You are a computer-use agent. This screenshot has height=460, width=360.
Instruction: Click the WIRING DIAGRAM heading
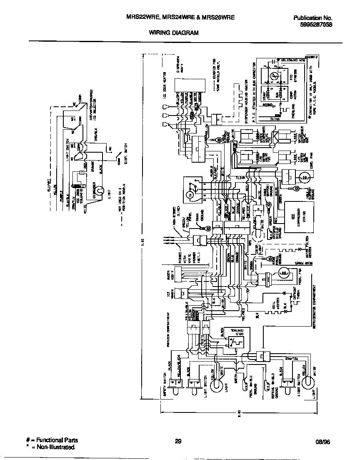tap(174, 32)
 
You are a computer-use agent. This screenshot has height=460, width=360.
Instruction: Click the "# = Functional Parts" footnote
tap(52, 440)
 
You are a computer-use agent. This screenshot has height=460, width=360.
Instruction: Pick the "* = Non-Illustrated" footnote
tap(50, 447)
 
